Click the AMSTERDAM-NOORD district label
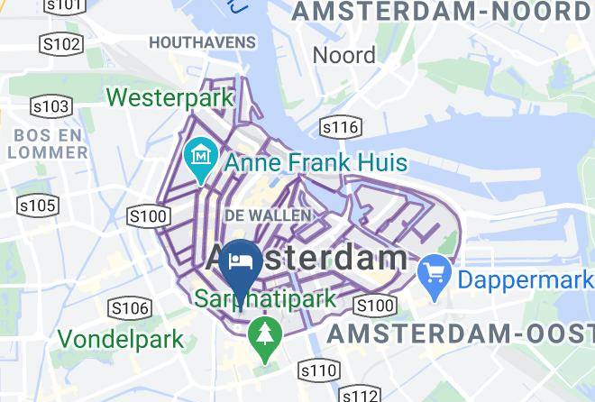point(442,13)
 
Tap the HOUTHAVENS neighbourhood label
point(203,42)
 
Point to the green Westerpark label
point(170,96)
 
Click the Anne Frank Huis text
point(315,163)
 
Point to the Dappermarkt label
point(526,279)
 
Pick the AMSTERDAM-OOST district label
point(460,333)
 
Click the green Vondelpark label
point(121,340)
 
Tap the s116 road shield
point(341,127)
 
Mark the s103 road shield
point(50,107)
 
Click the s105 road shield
point(37,206)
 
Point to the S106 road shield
point(129,309)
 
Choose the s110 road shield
point(318,370)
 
